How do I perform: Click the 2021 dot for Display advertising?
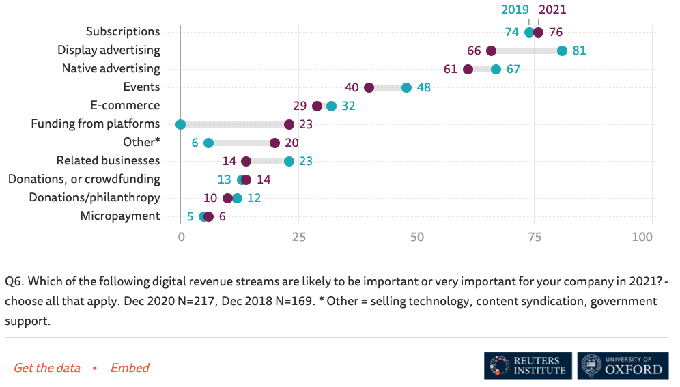click(491, 51)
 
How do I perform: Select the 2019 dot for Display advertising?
click(562, 51)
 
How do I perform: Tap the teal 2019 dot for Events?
click(406, 87)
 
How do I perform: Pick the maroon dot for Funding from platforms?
click(289, 124)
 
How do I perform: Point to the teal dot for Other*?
click(208, 143)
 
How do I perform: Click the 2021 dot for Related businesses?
click(246, 161)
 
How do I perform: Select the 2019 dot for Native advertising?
click(496, 69)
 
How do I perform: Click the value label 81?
click(580, 51)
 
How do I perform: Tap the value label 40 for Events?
click(352, 87)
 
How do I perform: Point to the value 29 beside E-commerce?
click(300, 106)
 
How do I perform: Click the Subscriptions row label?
click(123, 31)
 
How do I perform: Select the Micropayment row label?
click(120, 216)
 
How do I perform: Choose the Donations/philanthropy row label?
click(94, 198)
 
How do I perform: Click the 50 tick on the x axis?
click(416, 238)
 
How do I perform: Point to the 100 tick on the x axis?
click(642, 238)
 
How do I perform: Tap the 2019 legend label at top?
click(515, 10)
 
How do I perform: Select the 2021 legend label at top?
click(552, 10)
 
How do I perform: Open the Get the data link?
click(46, 368)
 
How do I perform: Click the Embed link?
click(130, 368)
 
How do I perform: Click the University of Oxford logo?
click(621, 366)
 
